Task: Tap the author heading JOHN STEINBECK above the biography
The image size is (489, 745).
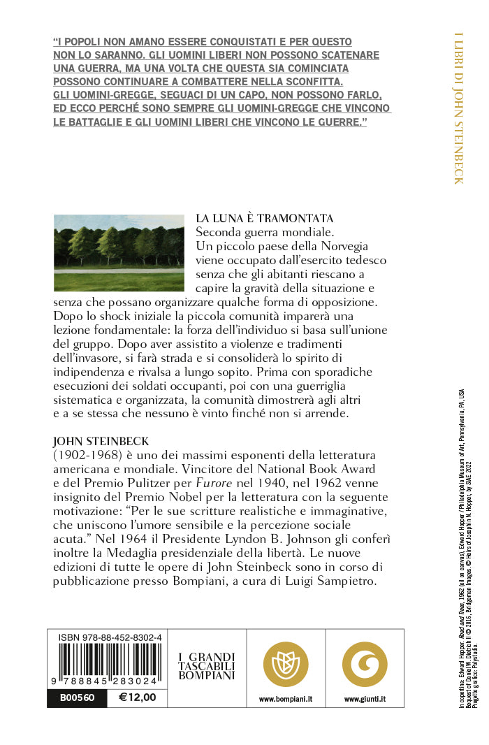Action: [x=101, y=442]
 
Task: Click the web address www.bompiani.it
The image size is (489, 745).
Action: [x=285, y=698]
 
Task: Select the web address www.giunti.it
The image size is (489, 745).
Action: [x=365, y=698]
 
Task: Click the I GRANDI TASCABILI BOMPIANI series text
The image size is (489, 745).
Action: [x=207, y=666]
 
